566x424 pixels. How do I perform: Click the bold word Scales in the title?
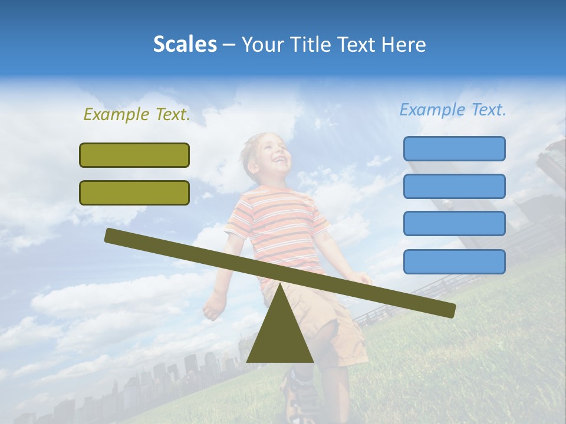tap(185, 44)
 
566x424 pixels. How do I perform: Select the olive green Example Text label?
tap(137, 115)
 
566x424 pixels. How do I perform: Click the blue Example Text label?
tap(453, 110)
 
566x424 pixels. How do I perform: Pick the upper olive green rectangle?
tap(134, 155)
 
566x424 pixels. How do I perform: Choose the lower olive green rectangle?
tap(134, 193)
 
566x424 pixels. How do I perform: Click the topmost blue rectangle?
tap(454, 148)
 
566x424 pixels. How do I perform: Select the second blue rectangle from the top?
tap(454, 186)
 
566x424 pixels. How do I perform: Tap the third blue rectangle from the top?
tap(454, 224)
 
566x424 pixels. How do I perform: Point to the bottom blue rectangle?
tap(454, 261)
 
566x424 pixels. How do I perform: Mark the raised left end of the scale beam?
tap(112, 236)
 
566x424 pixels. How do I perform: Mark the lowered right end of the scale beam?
tap(448, 309)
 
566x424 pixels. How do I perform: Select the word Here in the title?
tap(404, 44)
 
